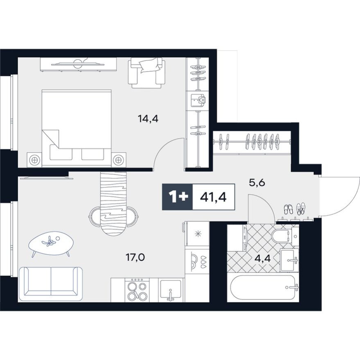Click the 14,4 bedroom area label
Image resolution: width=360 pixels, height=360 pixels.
(148, 119)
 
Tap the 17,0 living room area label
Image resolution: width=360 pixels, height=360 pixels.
(135, 258)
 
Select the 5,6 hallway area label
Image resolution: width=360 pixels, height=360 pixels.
(257, 183)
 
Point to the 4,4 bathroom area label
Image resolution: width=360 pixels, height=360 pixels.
(263, 258)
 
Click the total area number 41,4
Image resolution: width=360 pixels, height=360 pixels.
(213, 197)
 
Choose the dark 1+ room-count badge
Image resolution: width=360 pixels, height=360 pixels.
(177, 197)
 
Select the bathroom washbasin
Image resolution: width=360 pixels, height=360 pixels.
(290, 260)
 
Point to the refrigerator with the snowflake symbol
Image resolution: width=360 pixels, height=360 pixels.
(198, 234)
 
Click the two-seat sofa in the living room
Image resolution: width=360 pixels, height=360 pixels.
(51, 284)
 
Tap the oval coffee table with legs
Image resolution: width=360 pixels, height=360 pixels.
(51, 243)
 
